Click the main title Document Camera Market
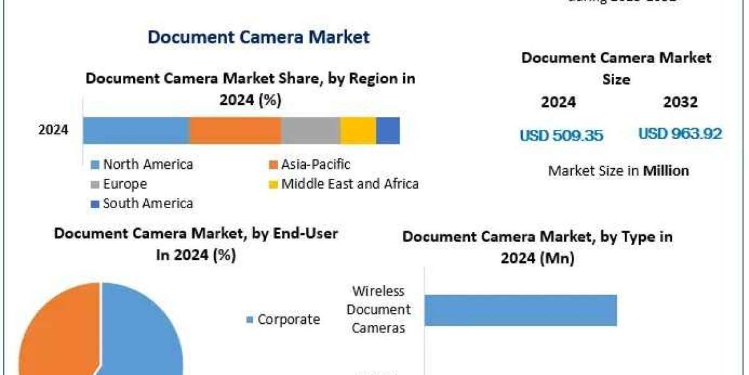[258, 37]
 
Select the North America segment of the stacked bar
[136, 130]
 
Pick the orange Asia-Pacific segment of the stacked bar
[235, 130]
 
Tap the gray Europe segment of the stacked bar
[310, 130]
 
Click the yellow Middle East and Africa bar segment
[358, 130]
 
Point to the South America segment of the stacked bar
[388, 130]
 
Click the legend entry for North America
[147, 164]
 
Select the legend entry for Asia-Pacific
[315, 164]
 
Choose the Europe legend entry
[125, 184]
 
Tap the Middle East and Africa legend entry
[350, 184]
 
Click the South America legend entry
[147, 203]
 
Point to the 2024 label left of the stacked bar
[53, 130]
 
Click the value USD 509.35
[561, 135]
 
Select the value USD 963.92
[680, 133]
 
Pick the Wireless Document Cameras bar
[521, 310]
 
